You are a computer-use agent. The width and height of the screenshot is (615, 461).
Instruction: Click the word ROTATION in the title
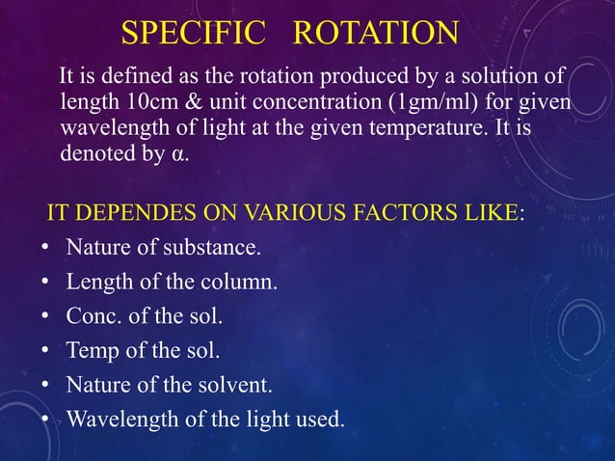coord(375,33)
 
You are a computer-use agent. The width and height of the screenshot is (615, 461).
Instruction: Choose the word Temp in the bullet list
coord(89,350)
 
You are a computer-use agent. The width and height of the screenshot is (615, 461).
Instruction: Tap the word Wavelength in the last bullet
coord(116,419)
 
